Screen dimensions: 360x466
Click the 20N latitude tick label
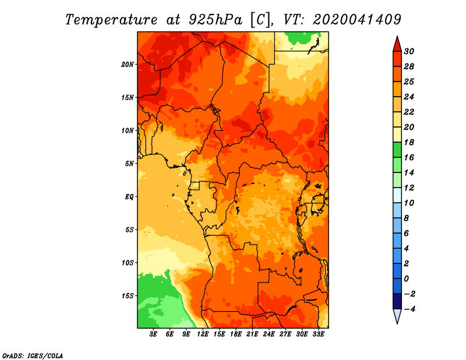click(x=128, y=64)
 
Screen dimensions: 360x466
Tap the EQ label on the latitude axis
click(x=130, y=196)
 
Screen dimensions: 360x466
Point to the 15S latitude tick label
click(x=128, y=295)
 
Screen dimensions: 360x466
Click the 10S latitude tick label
click(x=128, y=263)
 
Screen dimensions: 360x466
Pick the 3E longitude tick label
click(x=154, y=334)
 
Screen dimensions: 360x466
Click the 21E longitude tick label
click(x=252, y=334)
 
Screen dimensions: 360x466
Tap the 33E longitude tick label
click(x=318, y=334)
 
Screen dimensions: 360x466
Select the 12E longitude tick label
click(x=203, y=334)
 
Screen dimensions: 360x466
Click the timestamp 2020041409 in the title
click(x=356, y=19)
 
